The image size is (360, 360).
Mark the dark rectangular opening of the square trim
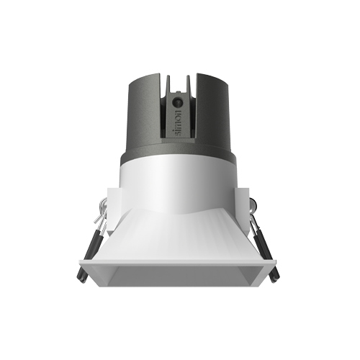180,275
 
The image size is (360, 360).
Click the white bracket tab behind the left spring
108,216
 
